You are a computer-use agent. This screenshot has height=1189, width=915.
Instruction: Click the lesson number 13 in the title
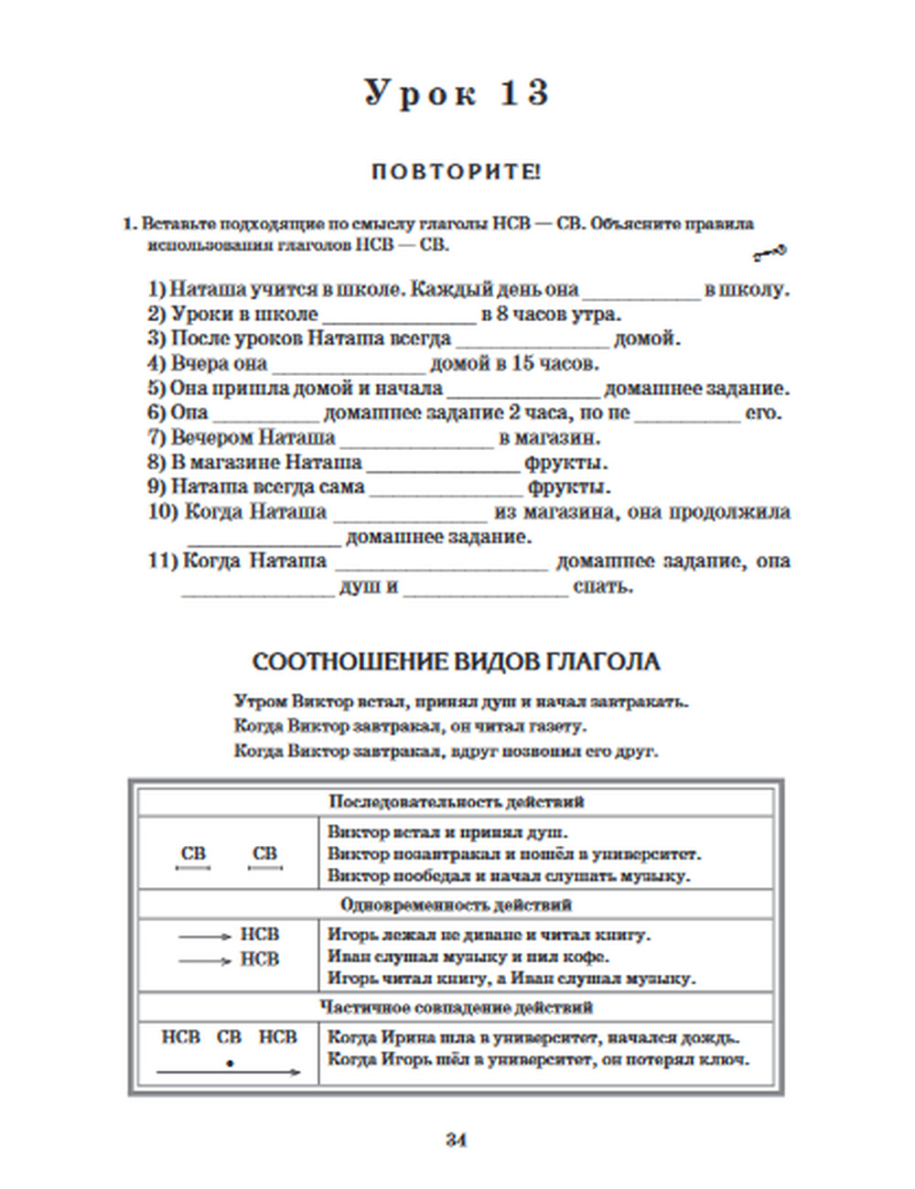pos(524,93)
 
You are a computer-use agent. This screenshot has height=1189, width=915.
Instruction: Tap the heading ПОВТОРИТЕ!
pos(456,171)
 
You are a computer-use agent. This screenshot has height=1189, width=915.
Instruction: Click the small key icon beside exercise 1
pos(769,252)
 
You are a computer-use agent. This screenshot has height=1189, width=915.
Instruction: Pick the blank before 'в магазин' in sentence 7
pos(417,440)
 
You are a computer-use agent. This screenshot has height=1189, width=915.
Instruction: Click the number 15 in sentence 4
pos(523,364)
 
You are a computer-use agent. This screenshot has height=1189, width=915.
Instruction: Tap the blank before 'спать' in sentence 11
pos(484,588)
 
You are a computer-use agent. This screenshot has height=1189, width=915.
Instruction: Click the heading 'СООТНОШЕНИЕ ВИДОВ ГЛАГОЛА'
pos(456,662)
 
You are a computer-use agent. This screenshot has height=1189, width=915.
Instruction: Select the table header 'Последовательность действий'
pos(456,802)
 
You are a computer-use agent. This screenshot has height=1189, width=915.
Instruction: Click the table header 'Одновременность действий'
pos(456,905)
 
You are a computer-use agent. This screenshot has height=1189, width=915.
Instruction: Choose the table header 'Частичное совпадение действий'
pos(456,1007)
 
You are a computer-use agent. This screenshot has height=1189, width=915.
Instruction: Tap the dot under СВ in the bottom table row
pos(230,1064)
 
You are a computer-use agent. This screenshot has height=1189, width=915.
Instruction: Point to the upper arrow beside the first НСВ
pos(205,937)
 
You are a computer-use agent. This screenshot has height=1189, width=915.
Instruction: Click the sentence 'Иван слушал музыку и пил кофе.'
pos(468,957)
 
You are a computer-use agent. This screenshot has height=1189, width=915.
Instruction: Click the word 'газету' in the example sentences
pos(557,727)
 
